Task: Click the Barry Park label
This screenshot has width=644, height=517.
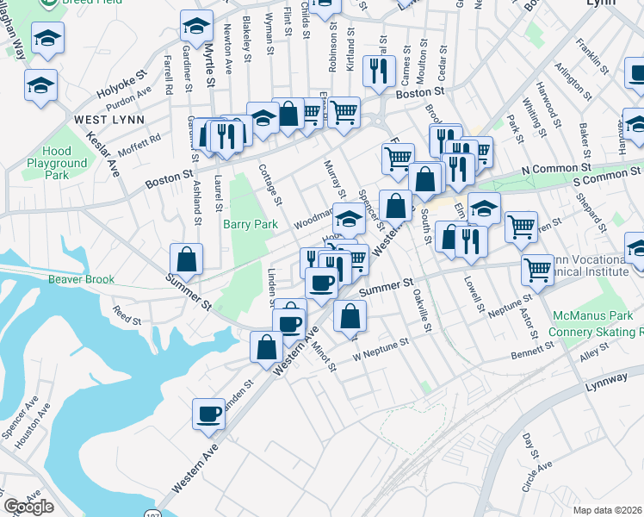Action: [251, 224]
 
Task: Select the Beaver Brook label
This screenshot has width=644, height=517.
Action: [82, 279]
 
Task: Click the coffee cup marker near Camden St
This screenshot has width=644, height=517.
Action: [208, 414]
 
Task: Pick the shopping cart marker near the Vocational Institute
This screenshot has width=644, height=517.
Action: [538, 270]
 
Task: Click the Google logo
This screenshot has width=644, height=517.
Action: [28, 507]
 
